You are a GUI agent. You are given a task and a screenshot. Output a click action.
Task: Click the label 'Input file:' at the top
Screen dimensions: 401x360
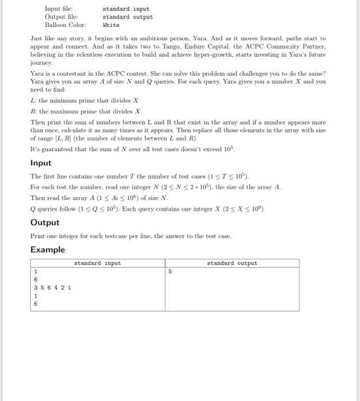pos(58,9)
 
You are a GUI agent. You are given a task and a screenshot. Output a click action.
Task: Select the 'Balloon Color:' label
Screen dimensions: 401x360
pos(65,25)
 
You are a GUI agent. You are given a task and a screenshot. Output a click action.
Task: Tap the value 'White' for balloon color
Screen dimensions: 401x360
pos(111,25)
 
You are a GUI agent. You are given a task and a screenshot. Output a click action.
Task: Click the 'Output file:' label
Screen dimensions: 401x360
pos(60,17)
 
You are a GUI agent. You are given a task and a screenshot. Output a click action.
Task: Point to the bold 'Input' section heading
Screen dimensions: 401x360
pos(41,163)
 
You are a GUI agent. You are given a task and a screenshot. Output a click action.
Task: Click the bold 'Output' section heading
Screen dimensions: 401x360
pos(45,222)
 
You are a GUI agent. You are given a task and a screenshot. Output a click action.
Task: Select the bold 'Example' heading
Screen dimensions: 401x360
pos(48,250)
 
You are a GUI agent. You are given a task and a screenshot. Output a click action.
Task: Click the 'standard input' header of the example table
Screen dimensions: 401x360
pos(97,264)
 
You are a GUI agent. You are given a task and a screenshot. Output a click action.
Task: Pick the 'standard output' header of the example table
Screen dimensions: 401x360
pos(232,264)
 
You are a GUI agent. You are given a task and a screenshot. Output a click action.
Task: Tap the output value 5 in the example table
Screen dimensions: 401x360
pos(171,272)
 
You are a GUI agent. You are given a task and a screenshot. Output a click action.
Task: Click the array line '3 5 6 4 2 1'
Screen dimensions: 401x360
pos(53,288)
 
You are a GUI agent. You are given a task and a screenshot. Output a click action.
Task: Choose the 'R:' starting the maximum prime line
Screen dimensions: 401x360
pos(33,111)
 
